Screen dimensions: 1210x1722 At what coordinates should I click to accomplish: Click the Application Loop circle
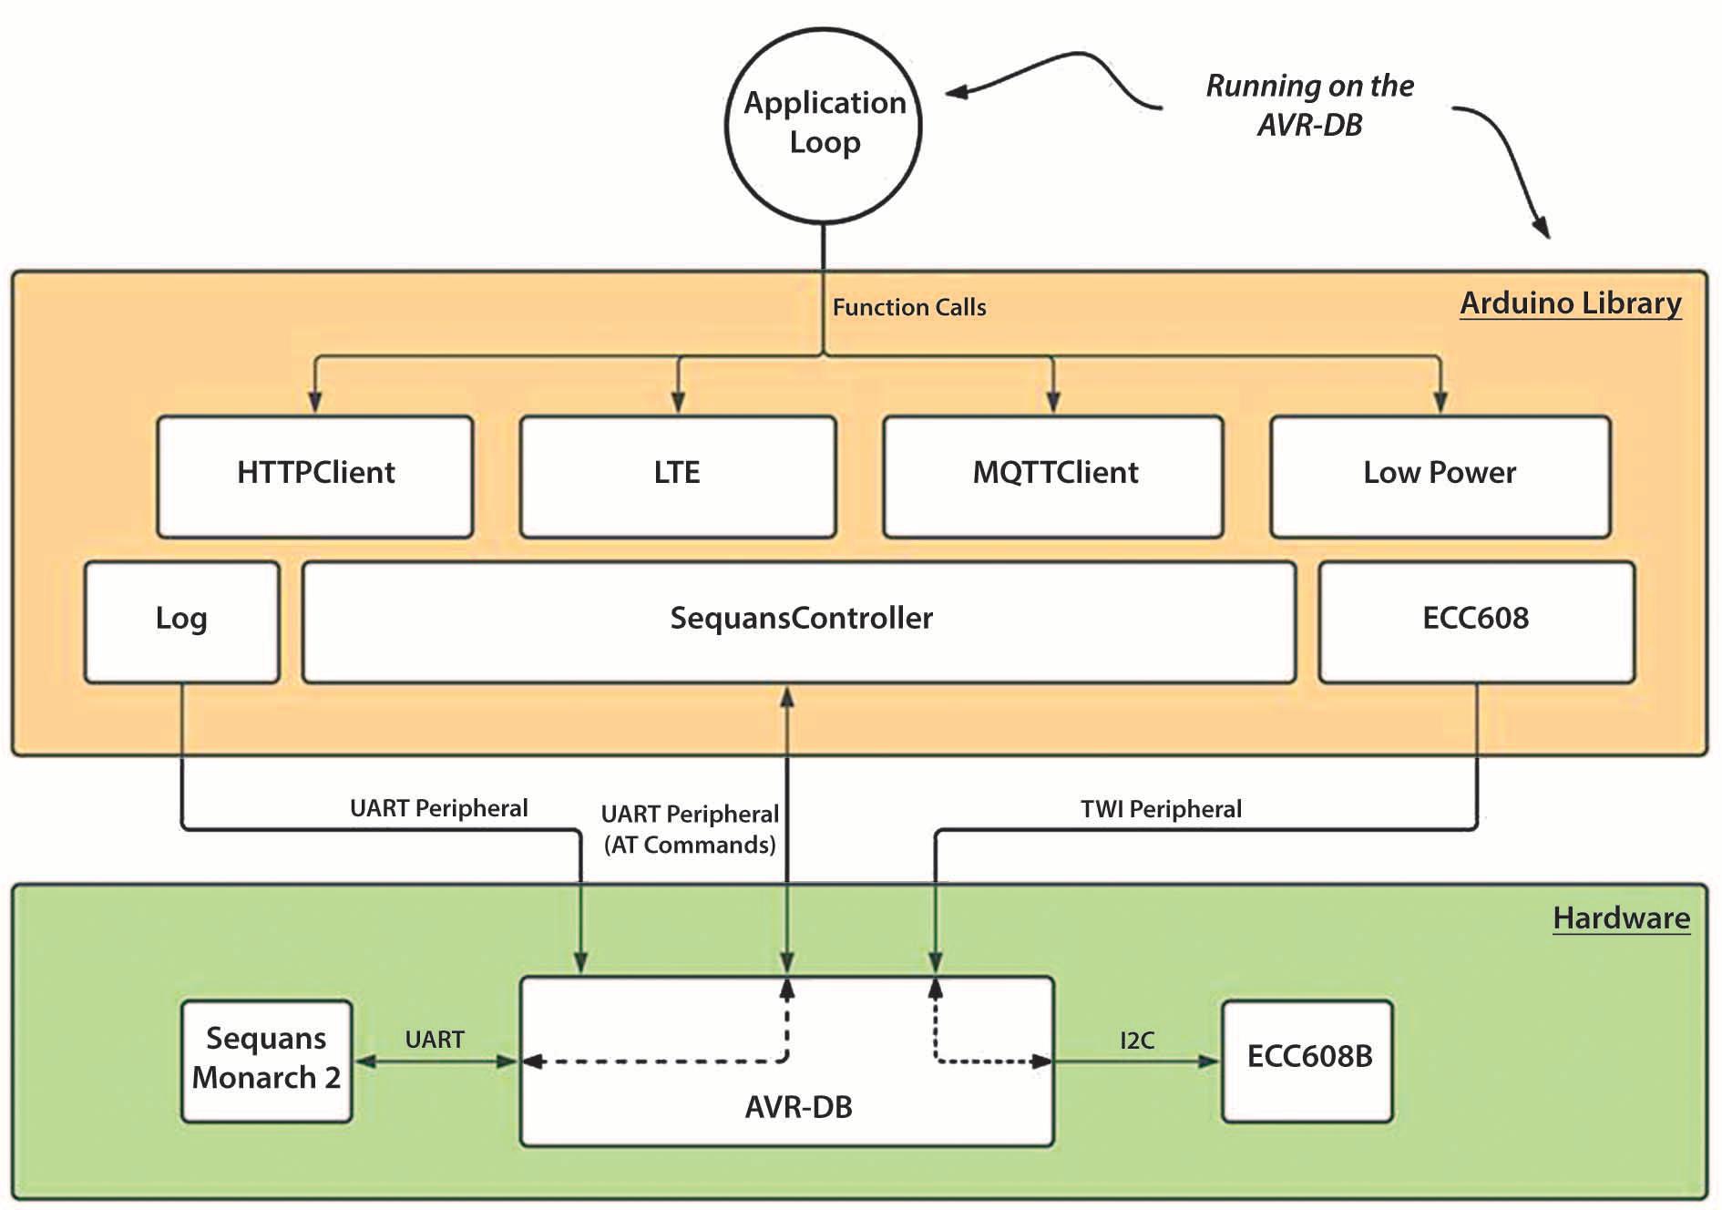(x=824, y=124)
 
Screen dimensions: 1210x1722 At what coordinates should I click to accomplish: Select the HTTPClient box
(x=315, y=476)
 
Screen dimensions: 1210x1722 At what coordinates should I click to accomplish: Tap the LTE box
(x=677, y=476)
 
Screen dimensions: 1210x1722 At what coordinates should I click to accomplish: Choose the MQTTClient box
(x=1053, y=476)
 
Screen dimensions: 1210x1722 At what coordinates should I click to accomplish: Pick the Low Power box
(x=1440, y=476)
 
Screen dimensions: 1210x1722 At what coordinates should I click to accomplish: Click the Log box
(x=181, y=620)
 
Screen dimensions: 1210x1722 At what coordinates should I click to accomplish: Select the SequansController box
(x=799, y=620)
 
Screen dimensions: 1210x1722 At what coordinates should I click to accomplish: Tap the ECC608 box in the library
(x=1476, y=620)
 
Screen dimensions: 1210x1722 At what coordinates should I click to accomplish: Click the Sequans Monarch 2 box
(x=266, y=1060)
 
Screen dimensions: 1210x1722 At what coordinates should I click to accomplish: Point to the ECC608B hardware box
(x=1307, y=1060)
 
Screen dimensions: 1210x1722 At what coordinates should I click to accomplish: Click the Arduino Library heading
(x=1570, y=303)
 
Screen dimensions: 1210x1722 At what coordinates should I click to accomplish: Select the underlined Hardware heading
(x=1621, y=918)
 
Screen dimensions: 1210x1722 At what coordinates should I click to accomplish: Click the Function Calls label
(x=908, y=308)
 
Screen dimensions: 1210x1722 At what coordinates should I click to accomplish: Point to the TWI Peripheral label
(x=1161, y=809)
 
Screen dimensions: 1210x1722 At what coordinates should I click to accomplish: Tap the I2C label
(x=1137, y=1041)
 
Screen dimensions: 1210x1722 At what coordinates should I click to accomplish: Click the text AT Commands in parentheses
(x=690, y=846)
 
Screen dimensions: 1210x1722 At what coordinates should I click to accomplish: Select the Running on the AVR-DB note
(x=1309, y=105)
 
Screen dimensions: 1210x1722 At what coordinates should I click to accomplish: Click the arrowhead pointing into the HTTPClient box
(x=315, y=402)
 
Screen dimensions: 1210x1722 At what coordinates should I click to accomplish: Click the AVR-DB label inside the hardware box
(x=798, y=1107)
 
